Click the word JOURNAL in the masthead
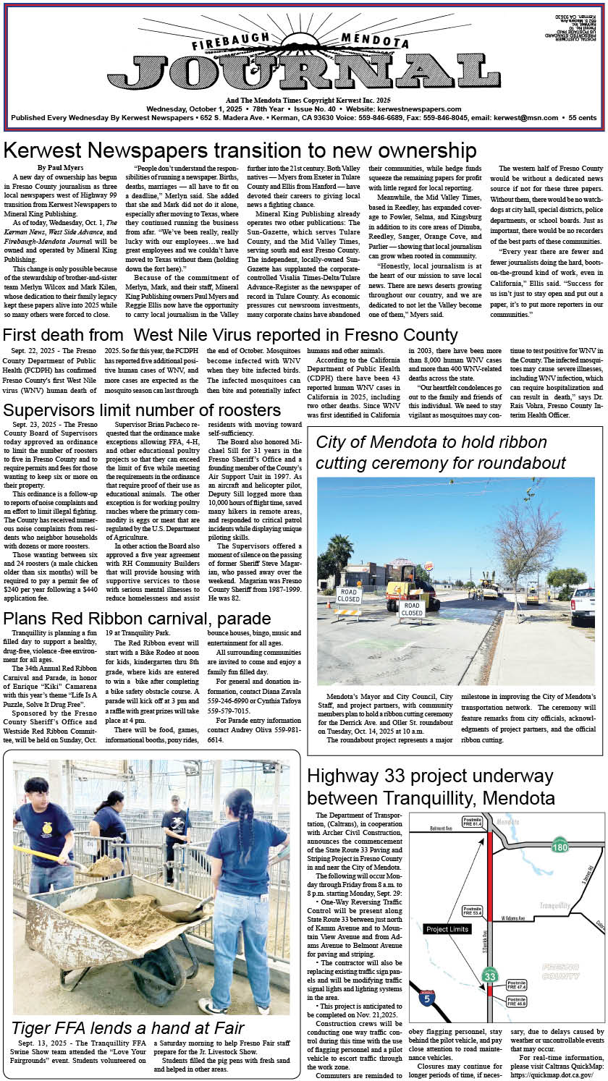pyautogui.click(x=304, y=72)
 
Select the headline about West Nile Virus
pyautogui.click(x=230, y=335)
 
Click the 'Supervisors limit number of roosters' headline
pyautogui.click(x=142, y=410)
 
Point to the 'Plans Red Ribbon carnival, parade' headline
pyautogui.click(x=137, y=619)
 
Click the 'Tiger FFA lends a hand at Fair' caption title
pyautogui.click(x=128, y=1027)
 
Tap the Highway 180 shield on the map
pyautogui.click(x=559, y=847)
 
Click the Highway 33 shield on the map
pyautogui.click(x=490, y=976)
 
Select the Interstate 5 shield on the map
pyautogui.click(x=427, y=999)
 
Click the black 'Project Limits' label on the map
pyautogui.click(x=448, y=929)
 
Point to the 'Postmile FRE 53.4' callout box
pyautogui.click(x=473, y=910)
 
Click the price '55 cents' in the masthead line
pyautogui.click(x=583, y=117)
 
